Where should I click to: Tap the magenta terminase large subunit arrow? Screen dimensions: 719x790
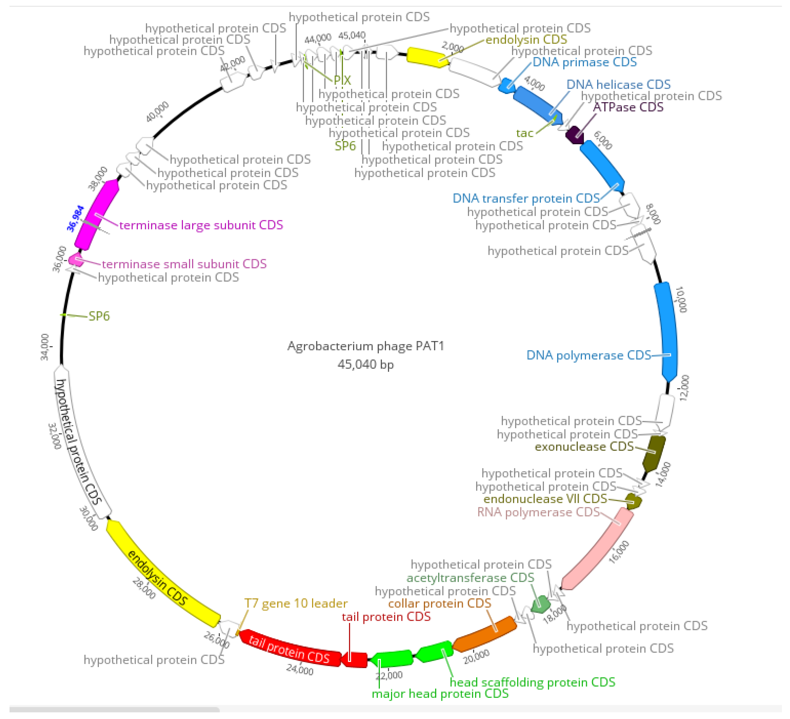pyautogui.click(x=96, y=216)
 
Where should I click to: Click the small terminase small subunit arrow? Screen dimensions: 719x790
pyautogui.click(x=75, y=259)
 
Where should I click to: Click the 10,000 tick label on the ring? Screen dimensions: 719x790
pyautogui.click(x=681, y=299)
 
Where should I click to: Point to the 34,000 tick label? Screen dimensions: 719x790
pyautogui.click(x=45, y=347)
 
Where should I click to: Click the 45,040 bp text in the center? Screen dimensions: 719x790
pyautogui.click(x=365, y=364)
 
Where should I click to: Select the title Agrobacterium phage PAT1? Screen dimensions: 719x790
pyautogui.click(x=365, y=346)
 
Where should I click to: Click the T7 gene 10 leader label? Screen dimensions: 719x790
pyautogui.click(x=296, y=603)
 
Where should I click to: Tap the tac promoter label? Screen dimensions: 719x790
pyautogui.click(x=524, y=133)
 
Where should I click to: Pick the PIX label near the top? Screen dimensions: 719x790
pyautogui.click(x=342, y=80)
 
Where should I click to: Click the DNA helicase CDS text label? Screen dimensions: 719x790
pyautogui.click(x=618, y=84)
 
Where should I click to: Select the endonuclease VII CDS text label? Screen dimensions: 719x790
pyautogui.click(x=545, y=499)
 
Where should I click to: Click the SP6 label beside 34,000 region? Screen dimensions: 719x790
pyautogui.click(x=99, y=316)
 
